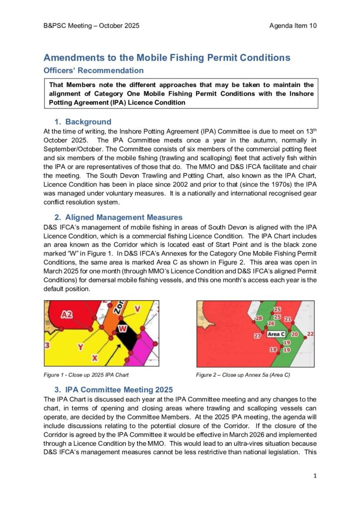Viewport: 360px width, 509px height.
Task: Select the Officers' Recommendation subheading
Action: tap(93, 71)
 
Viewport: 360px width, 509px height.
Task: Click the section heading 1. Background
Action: tap(83, 122)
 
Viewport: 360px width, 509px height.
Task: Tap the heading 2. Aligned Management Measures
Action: tap(118, 217)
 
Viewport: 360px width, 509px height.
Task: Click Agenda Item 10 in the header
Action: tap(293, 25)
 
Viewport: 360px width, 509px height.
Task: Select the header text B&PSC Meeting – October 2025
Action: tap(91, 25)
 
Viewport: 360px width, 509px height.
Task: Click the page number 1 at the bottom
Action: tap(315, 476)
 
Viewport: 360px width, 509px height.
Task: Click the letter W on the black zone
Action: tap(123, 328)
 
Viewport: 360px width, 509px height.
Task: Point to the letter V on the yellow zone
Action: tap(137, 309)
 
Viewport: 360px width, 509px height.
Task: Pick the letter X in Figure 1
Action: tap(94, 357)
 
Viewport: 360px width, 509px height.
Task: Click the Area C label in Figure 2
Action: tap(276, 335)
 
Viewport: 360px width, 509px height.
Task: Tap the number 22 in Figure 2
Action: tap(310, 334)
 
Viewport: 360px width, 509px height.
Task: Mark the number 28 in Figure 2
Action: tap(259, 318)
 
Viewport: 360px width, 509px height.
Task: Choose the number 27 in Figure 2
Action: tap(258, 337)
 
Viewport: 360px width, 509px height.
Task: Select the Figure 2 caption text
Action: tap(243, 375)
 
